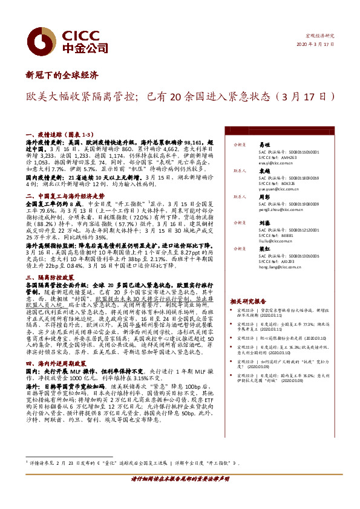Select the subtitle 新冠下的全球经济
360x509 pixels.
62,76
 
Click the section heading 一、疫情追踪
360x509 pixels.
49,134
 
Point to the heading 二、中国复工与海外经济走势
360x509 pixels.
65,196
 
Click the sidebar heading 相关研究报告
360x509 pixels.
247,301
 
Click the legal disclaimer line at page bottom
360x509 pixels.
180,495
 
